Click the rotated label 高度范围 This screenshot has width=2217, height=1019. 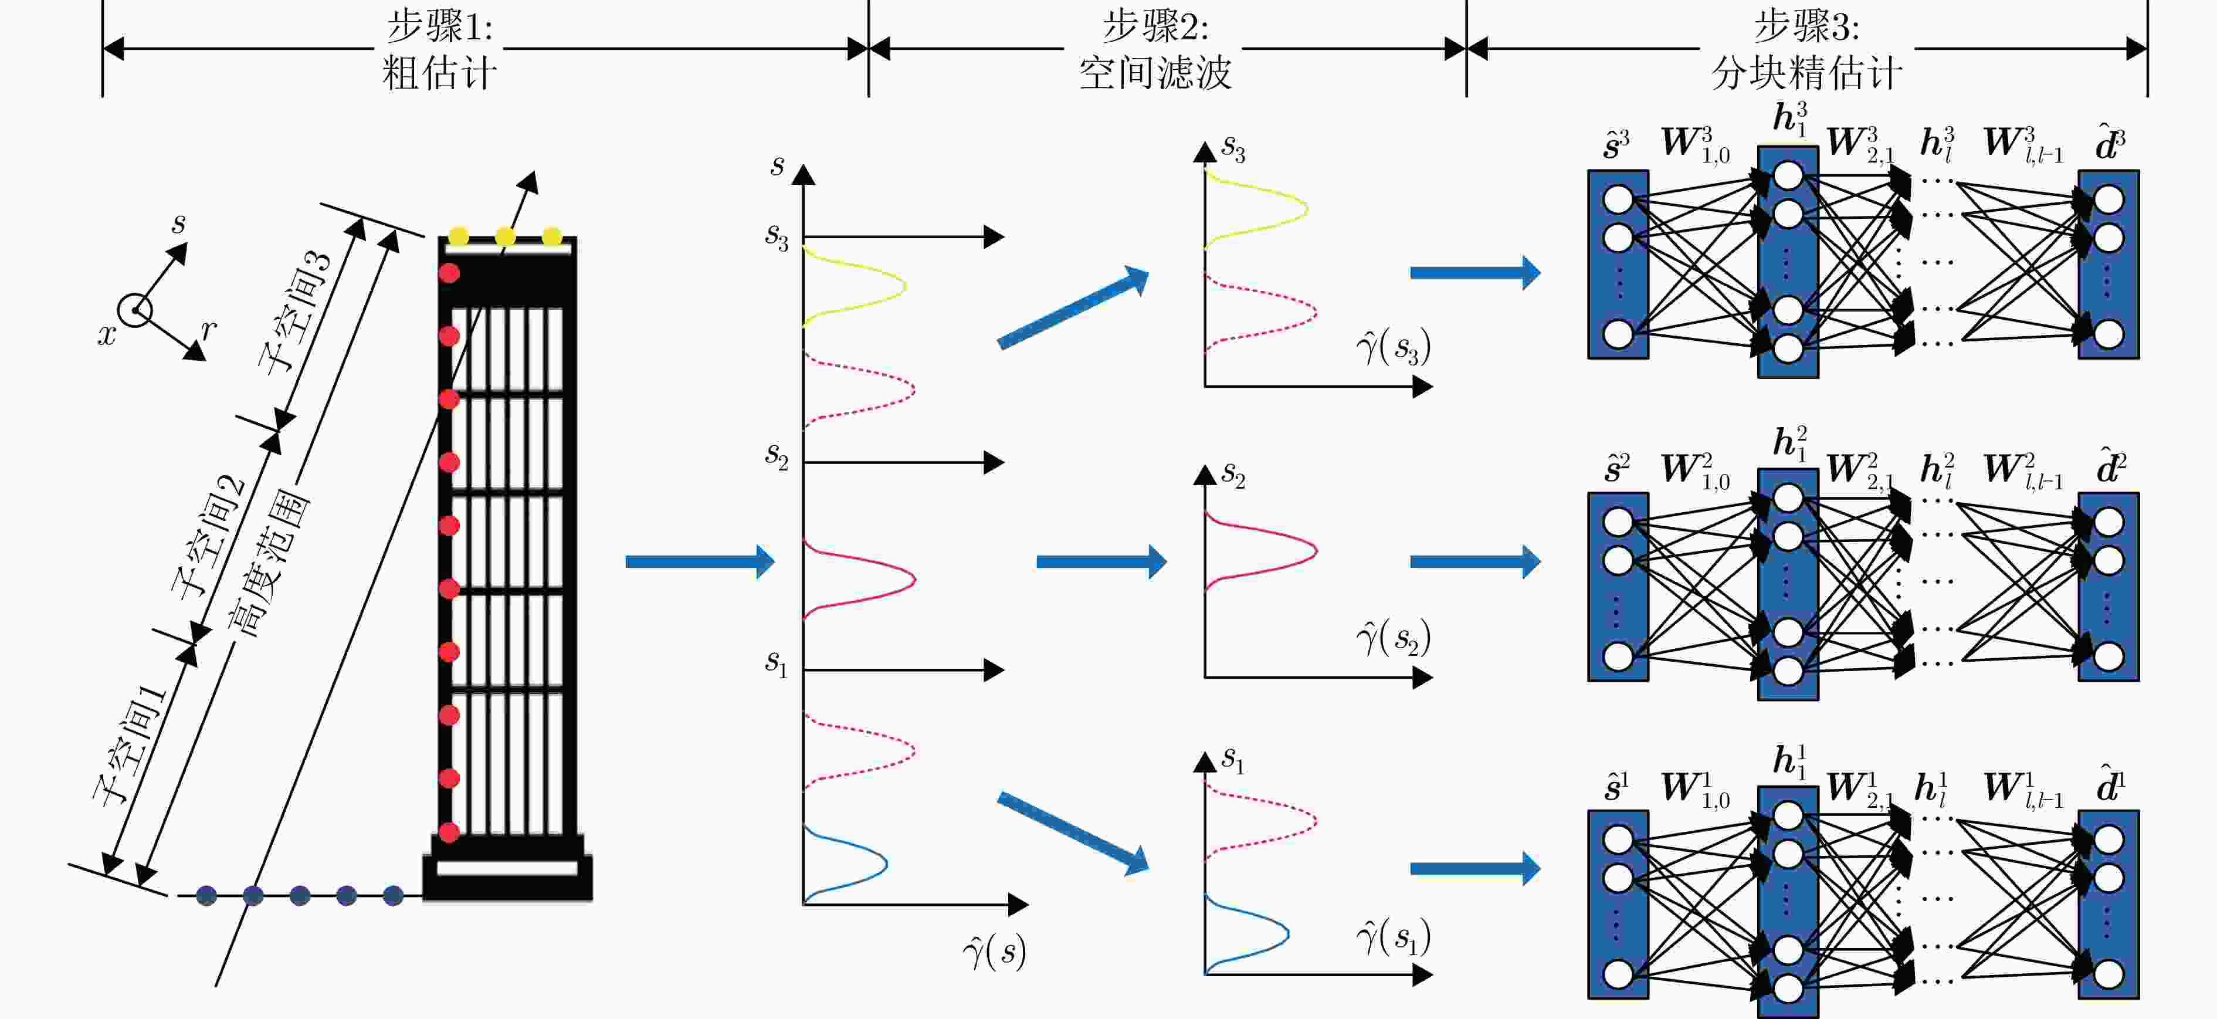tap(269, 564)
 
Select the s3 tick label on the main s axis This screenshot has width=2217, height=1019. tap(777, 236)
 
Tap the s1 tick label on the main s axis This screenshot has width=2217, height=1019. tap(777, 663)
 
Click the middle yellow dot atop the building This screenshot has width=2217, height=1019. tap(505, 236)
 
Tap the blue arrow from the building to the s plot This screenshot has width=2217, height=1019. tap(699, 562)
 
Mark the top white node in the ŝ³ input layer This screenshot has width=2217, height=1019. tap(1618, 199)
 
